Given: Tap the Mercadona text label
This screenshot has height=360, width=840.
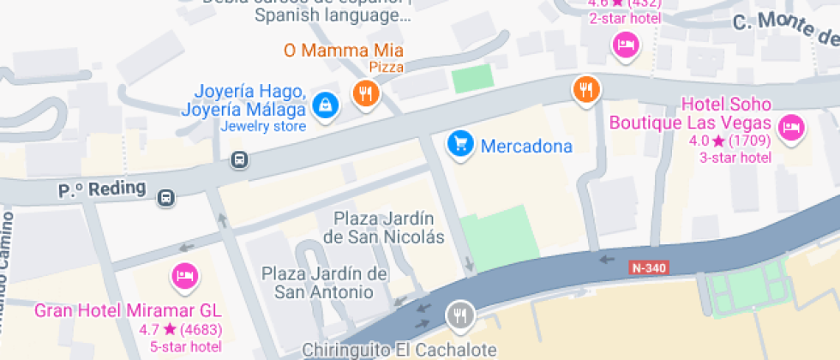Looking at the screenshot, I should [526, 146].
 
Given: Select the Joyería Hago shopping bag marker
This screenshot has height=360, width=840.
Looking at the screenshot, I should [325, 105].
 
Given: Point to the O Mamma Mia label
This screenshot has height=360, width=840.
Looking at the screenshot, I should [343, 50].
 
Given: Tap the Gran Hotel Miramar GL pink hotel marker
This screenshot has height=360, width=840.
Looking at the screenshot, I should [184, 275].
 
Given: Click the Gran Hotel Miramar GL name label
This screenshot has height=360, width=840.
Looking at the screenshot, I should [128, 309].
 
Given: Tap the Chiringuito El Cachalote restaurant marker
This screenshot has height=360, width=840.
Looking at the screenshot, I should [461, 315].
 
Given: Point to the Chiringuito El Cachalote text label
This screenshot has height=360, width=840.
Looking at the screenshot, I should [399, 350].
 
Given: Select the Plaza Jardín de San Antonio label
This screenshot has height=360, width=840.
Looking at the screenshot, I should [324, 283].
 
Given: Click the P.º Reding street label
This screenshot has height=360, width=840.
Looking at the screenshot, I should [90, 189].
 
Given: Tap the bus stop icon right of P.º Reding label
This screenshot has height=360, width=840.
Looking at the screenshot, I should [165, 199].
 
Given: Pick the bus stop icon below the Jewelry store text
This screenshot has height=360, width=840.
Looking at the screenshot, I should [239, 159].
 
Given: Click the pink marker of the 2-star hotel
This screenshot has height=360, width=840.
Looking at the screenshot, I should [627, 45].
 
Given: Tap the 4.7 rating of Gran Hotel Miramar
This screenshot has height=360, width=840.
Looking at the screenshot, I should [151, 328].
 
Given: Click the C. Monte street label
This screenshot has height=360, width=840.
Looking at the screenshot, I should [784, 31].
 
